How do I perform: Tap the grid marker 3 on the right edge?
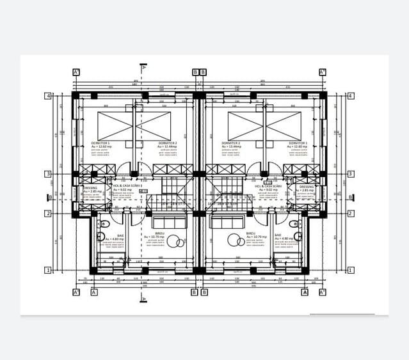pos(351,174)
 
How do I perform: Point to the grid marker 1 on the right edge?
pos(351,270)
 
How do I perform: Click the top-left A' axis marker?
pos(76,72)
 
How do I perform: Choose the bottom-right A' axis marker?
pos(323,292)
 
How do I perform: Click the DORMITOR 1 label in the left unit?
pos(100,143)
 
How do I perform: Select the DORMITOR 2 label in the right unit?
pos(231,143)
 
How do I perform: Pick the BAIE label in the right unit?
pos(278,235)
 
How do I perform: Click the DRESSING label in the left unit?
pos(90,187)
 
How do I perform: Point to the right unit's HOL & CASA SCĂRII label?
pos(266,186)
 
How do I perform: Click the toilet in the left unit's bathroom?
pos(104,224)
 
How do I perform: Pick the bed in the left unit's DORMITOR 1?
pos(115,126)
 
